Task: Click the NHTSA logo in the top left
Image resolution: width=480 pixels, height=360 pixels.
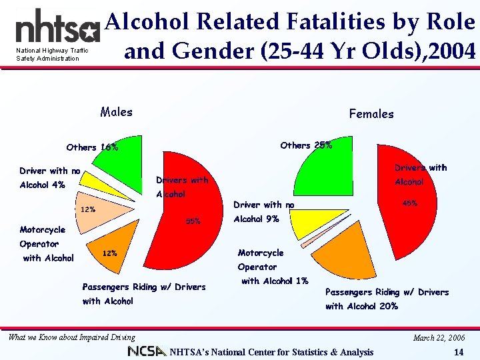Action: (57, 28)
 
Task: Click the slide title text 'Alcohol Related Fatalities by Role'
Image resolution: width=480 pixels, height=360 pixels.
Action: (290, 22)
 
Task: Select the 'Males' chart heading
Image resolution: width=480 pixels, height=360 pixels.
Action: (116, 112)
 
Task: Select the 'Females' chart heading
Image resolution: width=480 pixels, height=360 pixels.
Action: (371, 114)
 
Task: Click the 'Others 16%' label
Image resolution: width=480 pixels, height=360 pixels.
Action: (92, 147)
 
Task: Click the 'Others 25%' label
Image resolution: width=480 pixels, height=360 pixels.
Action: (306, 145)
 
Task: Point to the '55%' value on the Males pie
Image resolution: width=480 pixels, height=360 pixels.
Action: (193, 221)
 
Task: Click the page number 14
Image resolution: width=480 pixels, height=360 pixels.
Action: (457, 352)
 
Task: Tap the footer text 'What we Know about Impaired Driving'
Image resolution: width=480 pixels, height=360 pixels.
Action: (71, 337)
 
